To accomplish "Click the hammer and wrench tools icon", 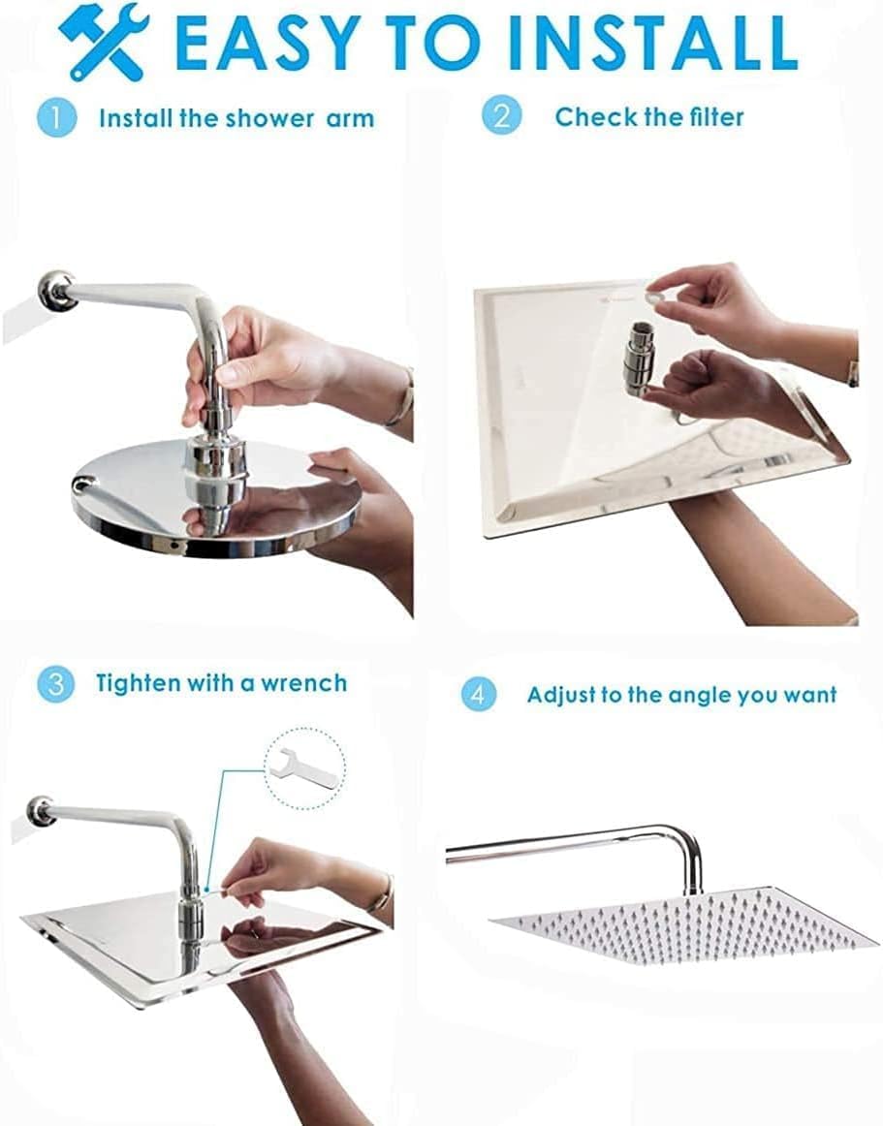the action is [103, 46].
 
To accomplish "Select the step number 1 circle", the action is [56, 118].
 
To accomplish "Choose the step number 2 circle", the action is [501, 115].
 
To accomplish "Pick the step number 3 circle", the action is [55, 684].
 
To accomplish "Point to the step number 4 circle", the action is [478, 694].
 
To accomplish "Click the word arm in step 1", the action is [350, 118].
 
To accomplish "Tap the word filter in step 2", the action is [715, 116].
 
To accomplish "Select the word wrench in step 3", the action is [303, 683].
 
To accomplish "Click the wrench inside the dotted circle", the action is [301, 769].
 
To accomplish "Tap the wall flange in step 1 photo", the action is [56, 290].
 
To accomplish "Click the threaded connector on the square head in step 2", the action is [638, 358].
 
